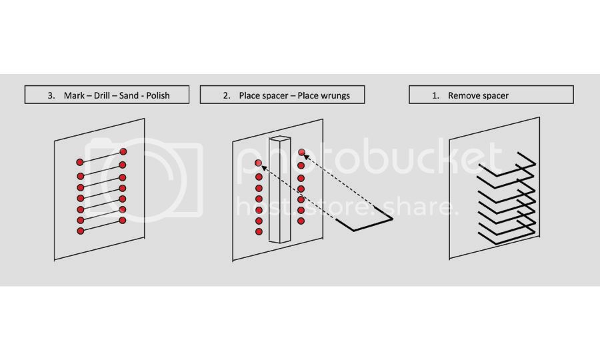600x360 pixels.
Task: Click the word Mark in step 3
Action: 74,95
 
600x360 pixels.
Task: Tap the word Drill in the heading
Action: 102,95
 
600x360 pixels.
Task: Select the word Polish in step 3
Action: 157,95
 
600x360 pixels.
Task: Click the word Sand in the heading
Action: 128,95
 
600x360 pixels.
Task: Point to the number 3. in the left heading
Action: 51,95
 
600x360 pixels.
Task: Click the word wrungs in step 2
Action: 336,96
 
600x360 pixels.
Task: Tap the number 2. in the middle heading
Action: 227,95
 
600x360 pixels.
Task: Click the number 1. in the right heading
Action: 435,95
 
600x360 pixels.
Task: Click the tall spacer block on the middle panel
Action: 279,189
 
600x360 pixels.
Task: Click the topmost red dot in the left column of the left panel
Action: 79,162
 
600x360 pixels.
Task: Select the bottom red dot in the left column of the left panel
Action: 81,231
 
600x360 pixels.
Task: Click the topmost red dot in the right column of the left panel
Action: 123,151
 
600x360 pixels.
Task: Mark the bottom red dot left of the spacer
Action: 259,231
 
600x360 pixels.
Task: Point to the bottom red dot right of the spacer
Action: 301,221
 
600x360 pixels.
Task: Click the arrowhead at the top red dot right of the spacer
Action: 306,156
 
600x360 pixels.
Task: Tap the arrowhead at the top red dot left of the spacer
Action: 263,167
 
